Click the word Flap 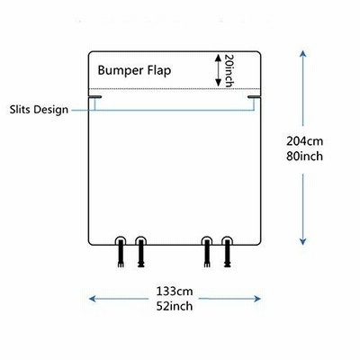(x=159, y=70)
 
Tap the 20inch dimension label (x=229, y=71)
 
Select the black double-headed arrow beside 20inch (x=219, y=70)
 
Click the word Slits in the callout (x=20, y=109)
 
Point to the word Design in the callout (x=50, y=110)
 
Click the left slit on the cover (x=95, y=97)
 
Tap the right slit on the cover (x=254, y=97)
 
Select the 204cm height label (x=304, y=141)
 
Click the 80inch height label (x=304, y=157)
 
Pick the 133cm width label (x=175, y=292)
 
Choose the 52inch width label (x=175, y=306)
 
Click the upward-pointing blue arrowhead (x=303, y=54)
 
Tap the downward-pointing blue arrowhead (x=303, y=241)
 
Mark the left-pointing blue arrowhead (x=93, y=299)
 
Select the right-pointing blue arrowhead (x=257, y=299)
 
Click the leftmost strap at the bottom (x=121, y=252)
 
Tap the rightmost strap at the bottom (x=228, y=252)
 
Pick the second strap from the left (x=141, y=252)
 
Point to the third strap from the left (x=207, y=252)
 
